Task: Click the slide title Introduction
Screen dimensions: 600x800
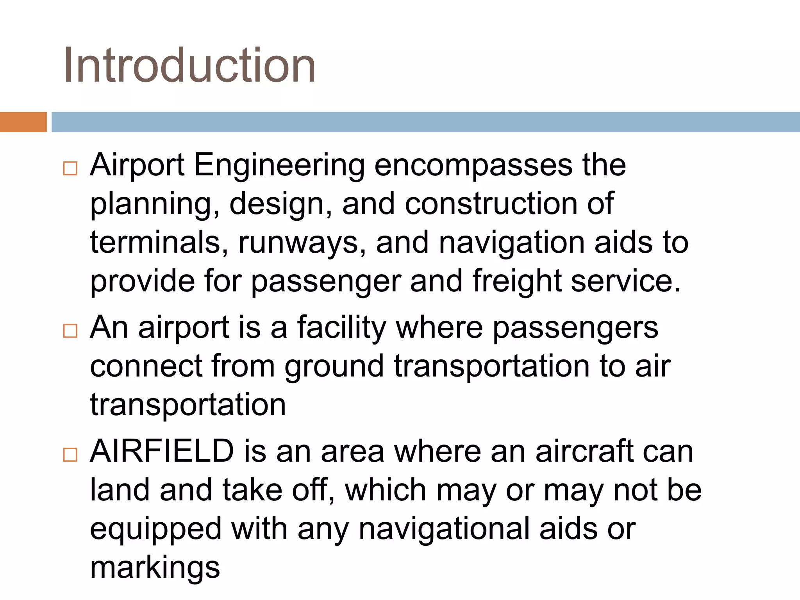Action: pos(189,66)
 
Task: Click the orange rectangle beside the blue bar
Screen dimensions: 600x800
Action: pos(23,122)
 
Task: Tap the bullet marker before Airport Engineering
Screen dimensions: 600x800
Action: pos(70,168)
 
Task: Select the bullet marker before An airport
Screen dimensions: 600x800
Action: pos(70,331)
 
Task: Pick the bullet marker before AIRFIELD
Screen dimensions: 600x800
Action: pos(70,455)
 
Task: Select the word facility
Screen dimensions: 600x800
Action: pos(341,329)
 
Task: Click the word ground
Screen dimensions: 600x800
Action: pos(334,368)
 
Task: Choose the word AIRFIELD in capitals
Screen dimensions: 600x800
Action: pos(162,451)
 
